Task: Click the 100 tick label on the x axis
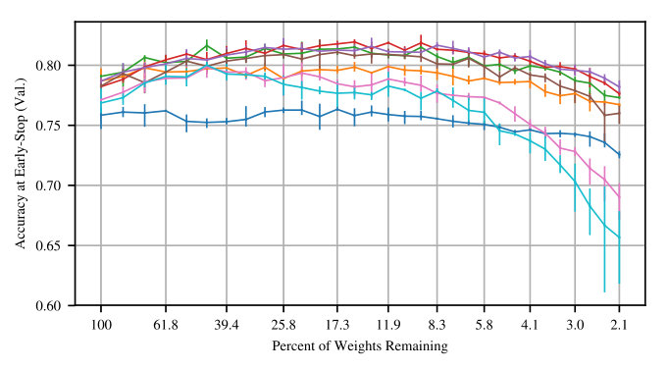(101, 326)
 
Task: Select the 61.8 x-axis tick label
(166, 326)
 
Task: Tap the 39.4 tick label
(227, 326)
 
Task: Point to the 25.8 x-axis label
(283, 326)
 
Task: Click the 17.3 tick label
(337, 326)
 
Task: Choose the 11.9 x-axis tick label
(388, 326)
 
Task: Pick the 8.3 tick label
(437, 326)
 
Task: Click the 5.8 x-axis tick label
(485, 326)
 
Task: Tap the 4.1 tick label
(530, 326)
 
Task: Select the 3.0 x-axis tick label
(575, 326)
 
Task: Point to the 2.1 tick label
(619, 326)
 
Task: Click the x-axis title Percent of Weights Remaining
(360, 345)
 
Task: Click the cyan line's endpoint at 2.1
(619, 237)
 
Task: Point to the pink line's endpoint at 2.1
(619, 197)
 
